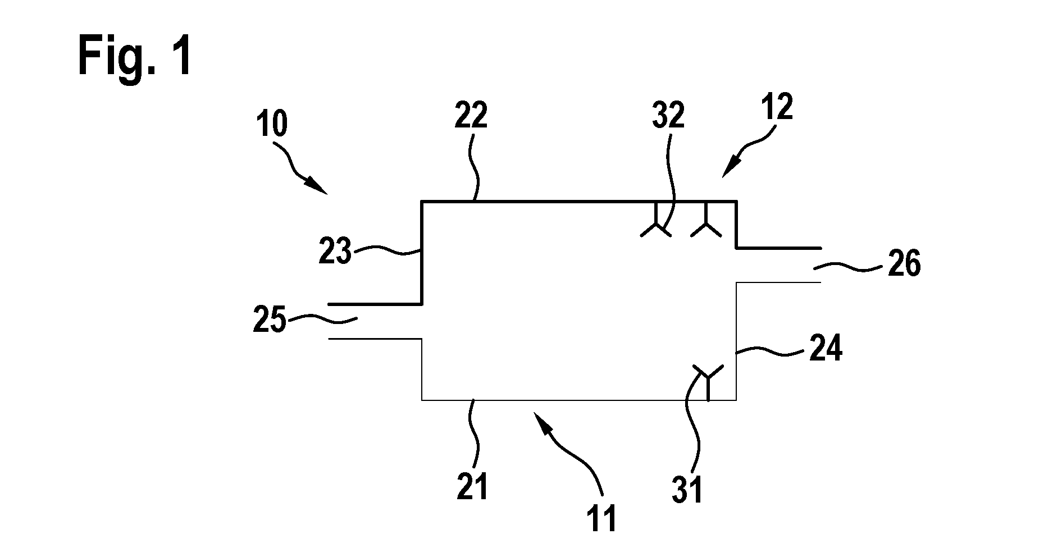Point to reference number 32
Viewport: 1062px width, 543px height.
point(668,115)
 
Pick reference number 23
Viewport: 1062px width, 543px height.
point(335,251)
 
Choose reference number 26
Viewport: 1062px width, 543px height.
point(904,263)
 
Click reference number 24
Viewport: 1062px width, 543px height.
point(826,349)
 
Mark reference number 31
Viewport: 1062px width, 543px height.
point(687,490)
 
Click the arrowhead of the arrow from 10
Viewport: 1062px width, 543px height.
point(320,187)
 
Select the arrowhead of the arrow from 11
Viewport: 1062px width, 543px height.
point(540,418)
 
